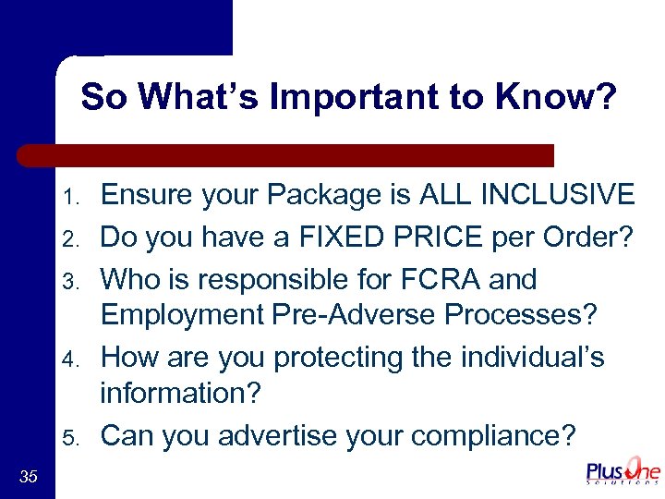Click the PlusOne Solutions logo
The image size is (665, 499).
(623, 472)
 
